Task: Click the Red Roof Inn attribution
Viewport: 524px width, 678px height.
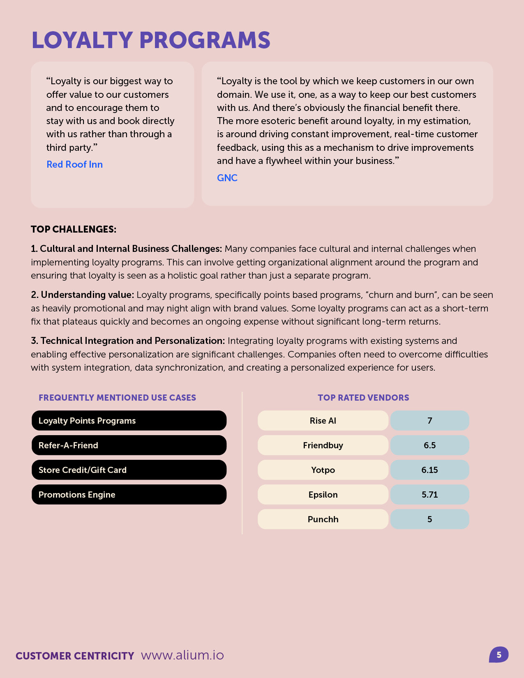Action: (74, 164)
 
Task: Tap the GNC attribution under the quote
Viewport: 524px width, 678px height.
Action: (227, 178)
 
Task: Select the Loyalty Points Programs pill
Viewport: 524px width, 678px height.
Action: (129, 420)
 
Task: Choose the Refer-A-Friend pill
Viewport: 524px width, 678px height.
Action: (129, 445)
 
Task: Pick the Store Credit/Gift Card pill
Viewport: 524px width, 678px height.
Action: (129, 470)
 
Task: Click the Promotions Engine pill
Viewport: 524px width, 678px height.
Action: (129, 494)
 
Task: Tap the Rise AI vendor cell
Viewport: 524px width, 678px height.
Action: (323, 420)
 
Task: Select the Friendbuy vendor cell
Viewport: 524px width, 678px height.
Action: (323, 445)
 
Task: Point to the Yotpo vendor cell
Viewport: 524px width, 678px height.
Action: (323, 470)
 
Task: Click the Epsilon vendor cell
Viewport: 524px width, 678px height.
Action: (323, 494)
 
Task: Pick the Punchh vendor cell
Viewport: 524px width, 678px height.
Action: (323, 519)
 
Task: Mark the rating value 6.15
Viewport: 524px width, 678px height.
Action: (429, 470)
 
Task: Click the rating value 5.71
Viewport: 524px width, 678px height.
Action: (429, 494)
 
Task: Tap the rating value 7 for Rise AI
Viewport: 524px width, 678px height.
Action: (429, 420)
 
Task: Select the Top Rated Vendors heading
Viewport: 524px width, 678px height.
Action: (363, 397)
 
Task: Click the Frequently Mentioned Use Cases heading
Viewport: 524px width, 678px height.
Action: (117, 397)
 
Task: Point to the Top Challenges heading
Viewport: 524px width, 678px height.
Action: (74, 229)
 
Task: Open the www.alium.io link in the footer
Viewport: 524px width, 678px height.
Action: (182, 655)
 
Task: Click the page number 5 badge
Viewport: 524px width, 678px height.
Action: (499, 655)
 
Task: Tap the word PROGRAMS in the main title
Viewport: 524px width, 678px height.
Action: (205, 40)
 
